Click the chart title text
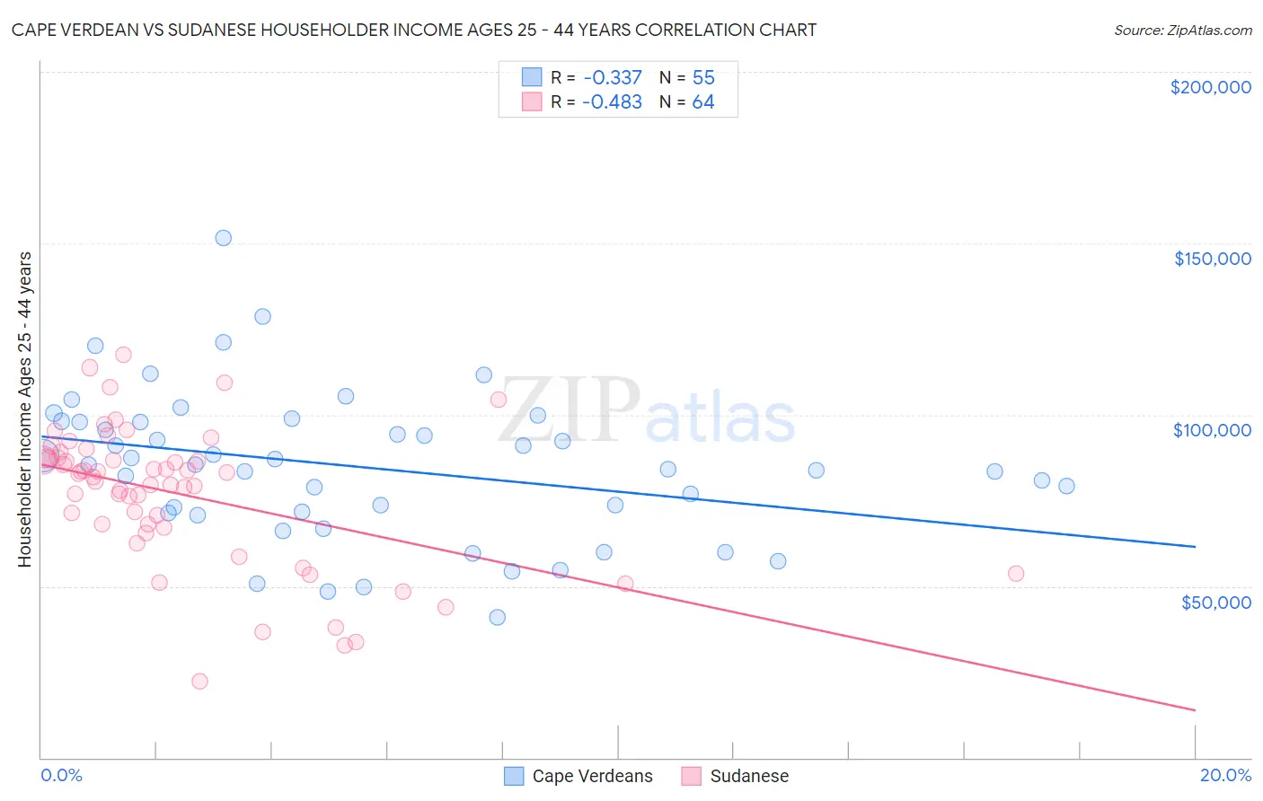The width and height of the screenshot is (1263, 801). pyautogui.click(x=414, y=30)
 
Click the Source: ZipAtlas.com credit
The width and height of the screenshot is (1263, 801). pyautogui.click(x=1182, y=30)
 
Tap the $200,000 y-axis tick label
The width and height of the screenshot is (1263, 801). pyautogui.click(x=1210, y=87)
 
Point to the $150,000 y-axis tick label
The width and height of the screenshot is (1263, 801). pyautogui.click(x=1212, y=259)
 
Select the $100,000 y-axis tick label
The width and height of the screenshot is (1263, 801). pyautogui.click(x=1212, y=430)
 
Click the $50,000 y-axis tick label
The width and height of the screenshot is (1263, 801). pyautogui.click(x=1215, y=603)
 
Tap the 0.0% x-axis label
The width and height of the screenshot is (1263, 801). pyautogui.click(x=61, y=775)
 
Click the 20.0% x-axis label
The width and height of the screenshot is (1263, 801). pyautogui.click(x=1225, y=775)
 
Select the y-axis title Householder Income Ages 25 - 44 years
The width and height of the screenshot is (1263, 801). pyautogui.click(x=25, y=409)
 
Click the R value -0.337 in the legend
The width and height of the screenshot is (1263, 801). pyautogui.click(x=612, y=78)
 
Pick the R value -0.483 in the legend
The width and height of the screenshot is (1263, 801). pyautogui.click(x=612, y=102)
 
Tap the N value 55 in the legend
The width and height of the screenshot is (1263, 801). pyautogui.click(x=703, y=78)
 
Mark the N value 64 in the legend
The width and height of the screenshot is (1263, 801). pyautogui.click(x=703, y=102)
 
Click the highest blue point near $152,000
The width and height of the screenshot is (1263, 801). pyautogui.click(x=224, y=238)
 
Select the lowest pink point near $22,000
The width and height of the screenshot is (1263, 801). pyautogui.click(x=200, y=682)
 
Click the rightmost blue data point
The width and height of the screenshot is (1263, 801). pyautogui.click(x=1066, y=486)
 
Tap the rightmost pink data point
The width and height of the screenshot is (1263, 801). pyautogui.click(x=1016, y=574)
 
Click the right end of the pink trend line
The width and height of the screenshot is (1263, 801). pyautogui.click(x=1195, y=710)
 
